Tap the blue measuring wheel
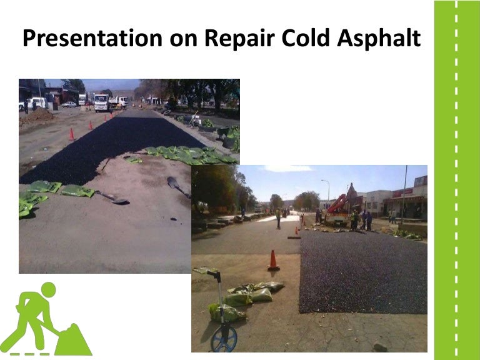pos(224,338)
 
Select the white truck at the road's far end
pos(101,102)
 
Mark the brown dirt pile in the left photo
pos(37,117)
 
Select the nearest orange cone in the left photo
pos(72,134)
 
